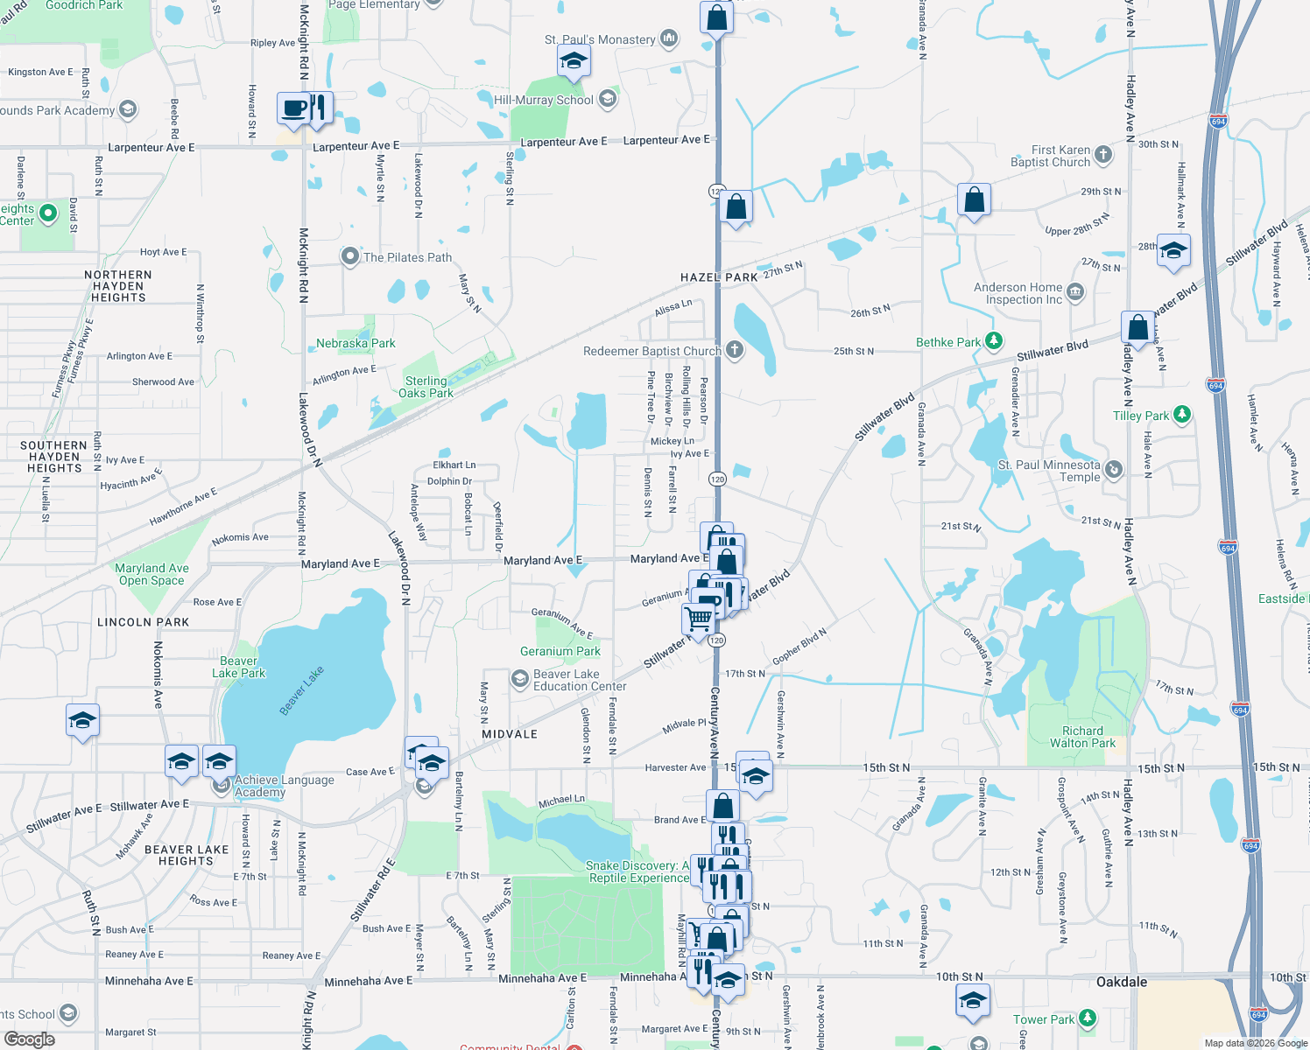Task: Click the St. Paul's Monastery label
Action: (x=600, y=39)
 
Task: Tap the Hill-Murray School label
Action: (x=543, y=100)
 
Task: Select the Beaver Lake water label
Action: (x=302, y=689)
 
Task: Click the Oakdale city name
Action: (x=1122, y=982)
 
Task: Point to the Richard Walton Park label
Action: (x=1082, y=737)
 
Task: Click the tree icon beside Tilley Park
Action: (x=1182, y=415)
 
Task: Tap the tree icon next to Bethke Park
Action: (x=993, y=340)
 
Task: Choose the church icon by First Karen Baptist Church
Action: (x=1103, y=155)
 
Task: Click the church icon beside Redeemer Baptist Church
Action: (x=735, y=351)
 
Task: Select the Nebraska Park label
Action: (x=356, y=343)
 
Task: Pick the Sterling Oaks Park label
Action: (x=426, y=387)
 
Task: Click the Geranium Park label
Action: (x=560, y=651)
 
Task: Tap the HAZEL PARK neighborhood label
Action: (x=719, y=277)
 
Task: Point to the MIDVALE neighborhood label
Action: (x=510, y=734)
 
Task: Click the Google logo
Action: (x=29, y=1039)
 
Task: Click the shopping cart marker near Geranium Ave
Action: (x=698, y=618)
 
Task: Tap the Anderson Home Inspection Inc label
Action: (x=1018, y=293)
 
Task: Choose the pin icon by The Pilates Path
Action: (x=350, y=256)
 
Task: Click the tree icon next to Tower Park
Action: (x=1088, y=1018)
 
